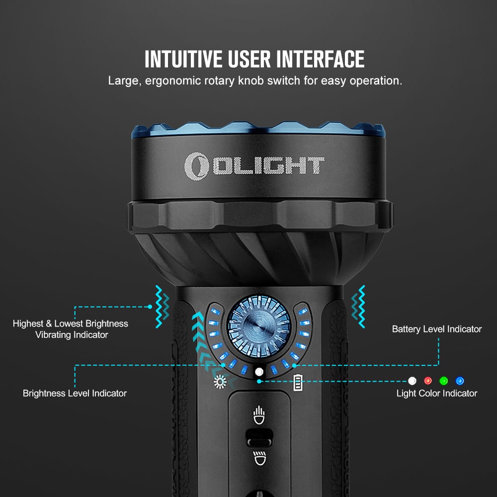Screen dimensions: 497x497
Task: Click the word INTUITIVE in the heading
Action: tap(183, 59)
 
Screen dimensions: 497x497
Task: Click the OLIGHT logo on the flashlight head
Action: tap(254, 166)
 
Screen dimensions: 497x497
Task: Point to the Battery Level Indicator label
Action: tap(436, 329)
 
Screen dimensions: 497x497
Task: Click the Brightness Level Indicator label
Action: tap(75, 393)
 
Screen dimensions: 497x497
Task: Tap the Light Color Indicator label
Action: tap(436, 393)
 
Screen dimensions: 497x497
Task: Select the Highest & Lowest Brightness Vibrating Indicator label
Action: tap(71, 329)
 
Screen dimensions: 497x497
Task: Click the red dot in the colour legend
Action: tap(428, 381)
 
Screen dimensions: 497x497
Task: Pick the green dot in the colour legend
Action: tap(444, 381)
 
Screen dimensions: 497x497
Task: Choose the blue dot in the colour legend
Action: tap(460, 381)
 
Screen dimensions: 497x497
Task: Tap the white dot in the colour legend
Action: tap(412, 381)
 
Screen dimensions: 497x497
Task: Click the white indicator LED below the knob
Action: tap(258, 372)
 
